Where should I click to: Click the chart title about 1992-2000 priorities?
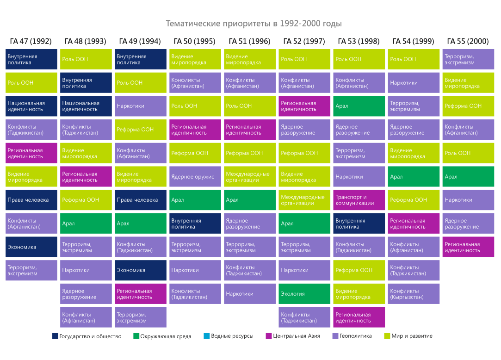[x=254, y=23]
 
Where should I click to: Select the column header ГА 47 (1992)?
[x=31, y=41]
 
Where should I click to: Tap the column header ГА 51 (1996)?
[x=249, y=41]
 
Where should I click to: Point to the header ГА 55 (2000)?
[x=468, y=41]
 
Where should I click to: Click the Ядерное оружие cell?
[x=195, y=176]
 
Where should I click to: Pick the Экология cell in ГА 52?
[x=304, y=294]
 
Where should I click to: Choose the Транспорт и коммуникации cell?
[x=359, y=200]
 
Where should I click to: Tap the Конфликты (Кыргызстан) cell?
[x=413, y=294]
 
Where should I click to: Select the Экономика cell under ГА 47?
[x=31, y=247]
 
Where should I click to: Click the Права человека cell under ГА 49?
[x=140, y=200]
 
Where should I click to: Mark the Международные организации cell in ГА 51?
[x=249, y=176]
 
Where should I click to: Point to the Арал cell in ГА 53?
[x=359, y=106]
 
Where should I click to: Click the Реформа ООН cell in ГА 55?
[x=468, y=106]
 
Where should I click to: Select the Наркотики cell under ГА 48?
[x=86, y=270]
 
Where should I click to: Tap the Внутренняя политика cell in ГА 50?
[x=195, y=223]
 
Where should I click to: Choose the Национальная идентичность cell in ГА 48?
[x=86, y=106]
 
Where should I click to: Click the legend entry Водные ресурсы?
[x=232, y=336]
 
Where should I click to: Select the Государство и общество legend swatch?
[x=56, y=336]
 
